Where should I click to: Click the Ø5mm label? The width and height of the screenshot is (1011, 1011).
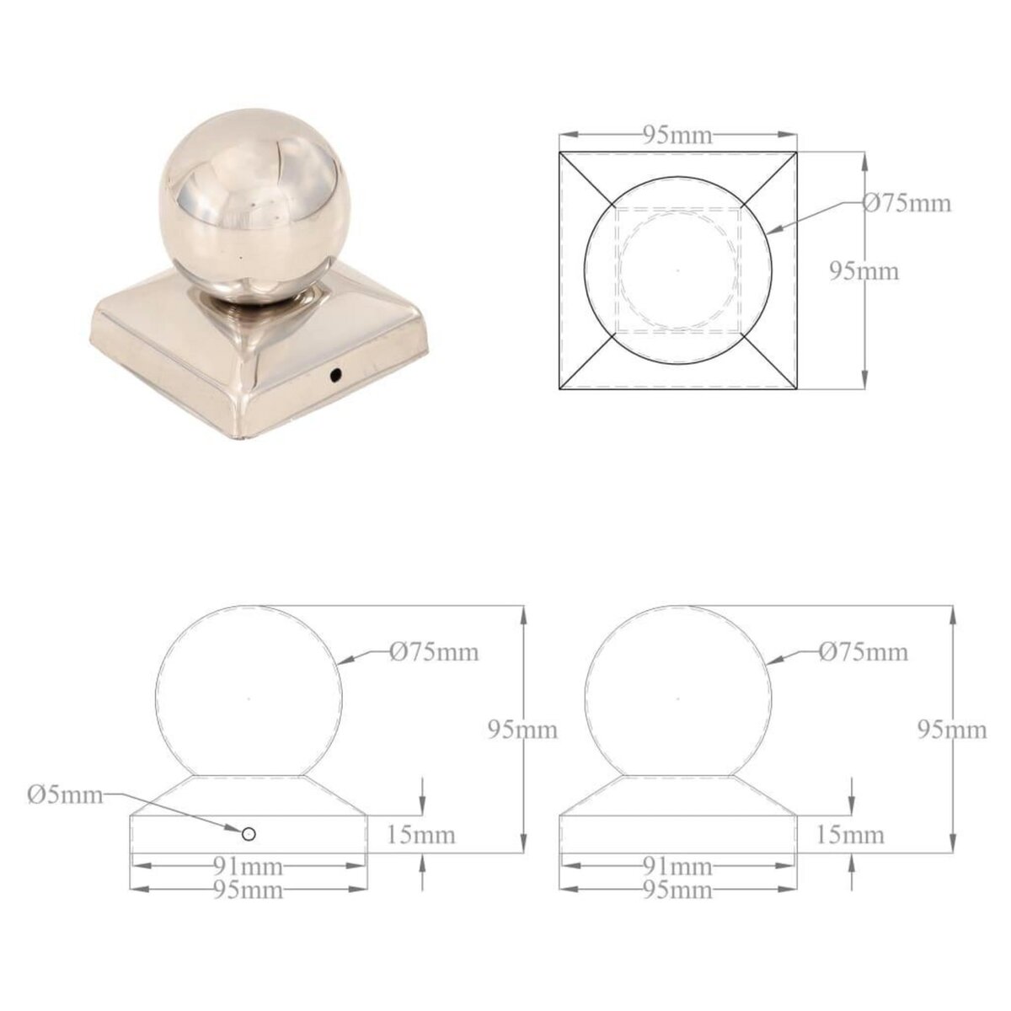coord(65,794)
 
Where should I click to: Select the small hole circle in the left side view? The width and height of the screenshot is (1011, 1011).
coord(249,833)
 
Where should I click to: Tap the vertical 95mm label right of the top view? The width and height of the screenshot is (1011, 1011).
coord(864,271)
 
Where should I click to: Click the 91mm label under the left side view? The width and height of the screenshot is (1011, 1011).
coord(249,867)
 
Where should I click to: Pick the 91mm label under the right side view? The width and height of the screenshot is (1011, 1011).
coord(678,867)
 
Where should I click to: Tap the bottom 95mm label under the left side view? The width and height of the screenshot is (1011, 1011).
coord(249,890)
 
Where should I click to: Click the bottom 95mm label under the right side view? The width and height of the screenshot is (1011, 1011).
coord(678,890)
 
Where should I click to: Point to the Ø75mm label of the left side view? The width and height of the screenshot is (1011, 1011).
coord(435,651)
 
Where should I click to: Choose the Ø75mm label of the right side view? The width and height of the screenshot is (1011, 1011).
coord(864,651)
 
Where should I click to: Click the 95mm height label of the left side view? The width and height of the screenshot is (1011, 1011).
coord(523,730)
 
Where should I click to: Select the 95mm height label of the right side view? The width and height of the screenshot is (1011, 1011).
coord(952,730)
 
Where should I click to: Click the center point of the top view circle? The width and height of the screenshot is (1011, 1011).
coord(678,270)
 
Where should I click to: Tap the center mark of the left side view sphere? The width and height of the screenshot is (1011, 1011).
coord(249,698)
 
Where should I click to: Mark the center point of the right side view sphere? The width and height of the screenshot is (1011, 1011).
coord(677,698)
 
